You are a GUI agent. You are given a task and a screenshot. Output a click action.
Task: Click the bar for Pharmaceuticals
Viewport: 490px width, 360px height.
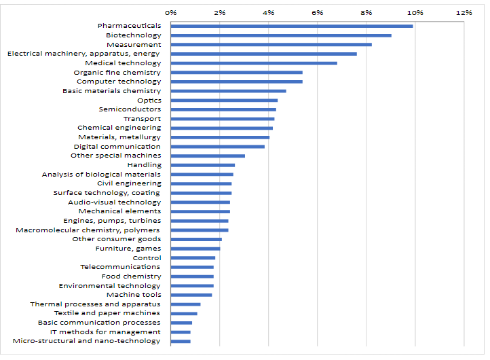292,26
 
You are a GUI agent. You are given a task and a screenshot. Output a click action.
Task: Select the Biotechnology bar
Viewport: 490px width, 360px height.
281,35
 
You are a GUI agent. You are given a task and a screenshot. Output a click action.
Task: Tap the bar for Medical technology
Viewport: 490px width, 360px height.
254,63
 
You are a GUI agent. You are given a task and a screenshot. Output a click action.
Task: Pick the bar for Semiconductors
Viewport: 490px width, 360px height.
223,109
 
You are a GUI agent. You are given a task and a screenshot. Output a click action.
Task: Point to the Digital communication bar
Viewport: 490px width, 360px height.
218,146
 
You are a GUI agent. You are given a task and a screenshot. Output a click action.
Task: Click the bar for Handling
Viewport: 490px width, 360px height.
203,165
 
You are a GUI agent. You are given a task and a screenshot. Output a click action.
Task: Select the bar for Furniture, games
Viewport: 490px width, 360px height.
195,249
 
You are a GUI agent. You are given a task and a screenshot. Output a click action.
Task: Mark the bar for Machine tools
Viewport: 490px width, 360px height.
191,295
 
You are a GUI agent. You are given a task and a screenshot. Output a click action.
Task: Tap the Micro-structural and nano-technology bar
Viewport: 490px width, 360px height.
181,341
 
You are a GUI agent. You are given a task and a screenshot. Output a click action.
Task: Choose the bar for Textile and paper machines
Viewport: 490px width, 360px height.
184,313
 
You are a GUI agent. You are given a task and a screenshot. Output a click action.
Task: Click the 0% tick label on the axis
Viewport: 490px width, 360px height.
171,12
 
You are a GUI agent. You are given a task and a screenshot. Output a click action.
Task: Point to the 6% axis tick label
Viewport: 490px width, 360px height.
318,12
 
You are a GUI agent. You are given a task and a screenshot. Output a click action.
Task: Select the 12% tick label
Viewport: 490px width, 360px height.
464,12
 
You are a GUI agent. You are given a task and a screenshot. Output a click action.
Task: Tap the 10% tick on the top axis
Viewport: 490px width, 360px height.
415,12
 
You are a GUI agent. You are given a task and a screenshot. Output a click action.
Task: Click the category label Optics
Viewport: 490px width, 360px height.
149,100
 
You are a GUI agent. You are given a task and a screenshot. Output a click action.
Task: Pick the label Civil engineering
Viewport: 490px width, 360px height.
129,183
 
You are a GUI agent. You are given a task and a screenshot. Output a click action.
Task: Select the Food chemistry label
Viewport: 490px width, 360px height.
132,276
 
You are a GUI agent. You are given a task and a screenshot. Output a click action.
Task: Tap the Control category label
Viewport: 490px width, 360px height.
147,257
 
